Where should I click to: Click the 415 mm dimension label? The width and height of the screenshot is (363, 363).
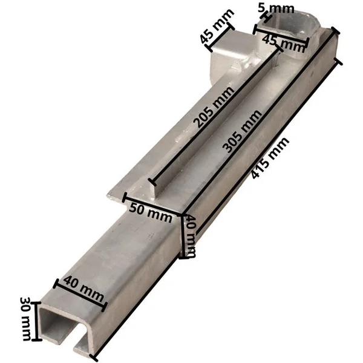point(270,158)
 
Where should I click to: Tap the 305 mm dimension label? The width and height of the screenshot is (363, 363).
point(243,131)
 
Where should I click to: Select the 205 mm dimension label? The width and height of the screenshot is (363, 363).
point(214,107)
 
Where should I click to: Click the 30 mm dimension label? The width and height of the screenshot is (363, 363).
point(26,319)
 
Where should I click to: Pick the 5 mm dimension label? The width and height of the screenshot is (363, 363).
point(276,8)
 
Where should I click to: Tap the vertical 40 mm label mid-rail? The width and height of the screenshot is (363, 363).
point(191,236)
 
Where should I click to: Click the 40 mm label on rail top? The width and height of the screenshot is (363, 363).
point(83,289)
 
